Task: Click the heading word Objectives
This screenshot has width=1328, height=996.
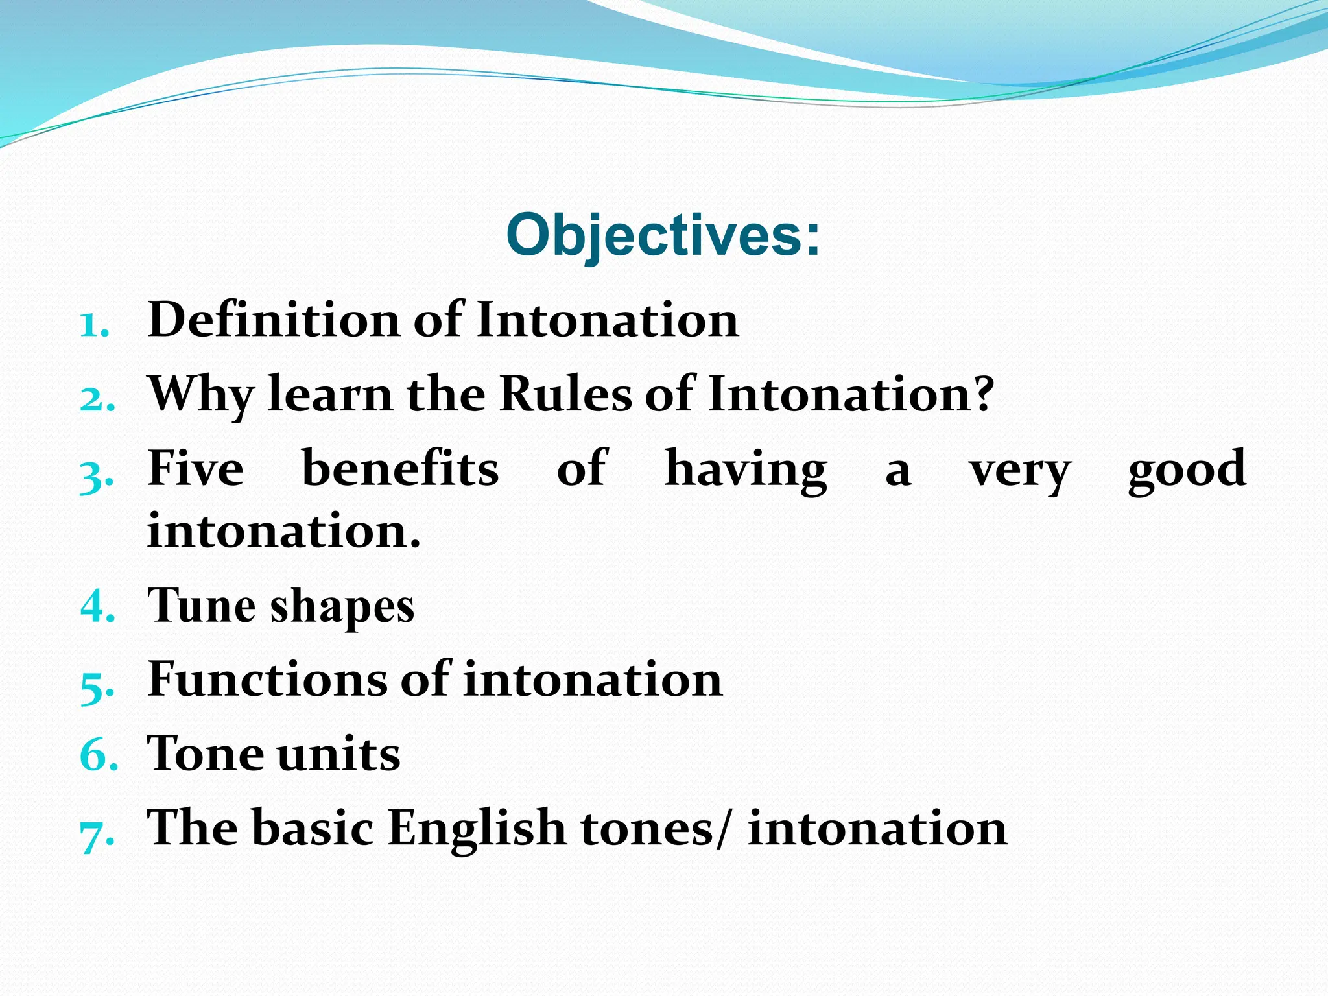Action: click(x=655, y=235)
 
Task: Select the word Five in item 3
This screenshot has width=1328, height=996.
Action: click(x=196, y=468)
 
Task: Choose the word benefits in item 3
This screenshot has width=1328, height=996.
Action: click(x=400, y=468)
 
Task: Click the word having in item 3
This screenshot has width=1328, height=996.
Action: click(x=746, y=469)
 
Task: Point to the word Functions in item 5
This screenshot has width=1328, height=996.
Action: click(x=266, y=679)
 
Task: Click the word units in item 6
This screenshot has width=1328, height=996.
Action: click(x=338, y=754)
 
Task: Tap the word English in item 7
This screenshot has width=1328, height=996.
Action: click(x=477, y=829)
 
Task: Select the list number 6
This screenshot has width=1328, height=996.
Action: click(x=97, y=755)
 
